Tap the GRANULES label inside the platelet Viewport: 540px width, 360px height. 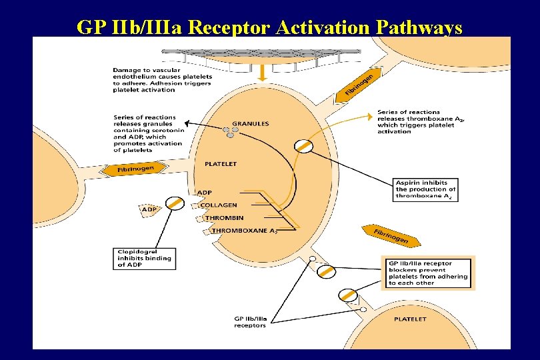(x=250, y=123)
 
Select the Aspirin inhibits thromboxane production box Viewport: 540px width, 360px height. (x=425, y=189)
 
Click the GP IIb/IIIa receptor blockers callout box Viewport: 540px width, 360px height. (x=427, y=273)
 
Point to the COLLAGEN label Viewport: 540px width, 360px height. (x=219, y=205)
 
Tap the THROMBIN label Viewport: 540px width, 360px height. (x=224, y=218)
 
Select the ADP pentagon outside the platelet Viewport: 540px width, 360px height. (x=150, y=209)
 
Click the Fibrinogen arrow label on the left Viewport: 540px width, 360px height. (x=136, y=170)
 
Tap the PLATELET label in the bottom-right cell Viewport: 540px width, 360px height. (x=410, y=319)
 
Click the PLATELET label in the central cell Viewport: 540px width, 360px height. (x=220, y=163)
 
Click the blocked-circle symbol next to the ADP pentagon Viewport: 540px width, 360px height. (x=175, y=203)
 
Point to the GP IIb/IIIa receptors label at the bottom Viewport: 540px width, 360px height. (x=250, y=321)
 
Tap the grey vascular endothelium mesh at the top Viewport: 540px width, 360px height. (x=267, y=53)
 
